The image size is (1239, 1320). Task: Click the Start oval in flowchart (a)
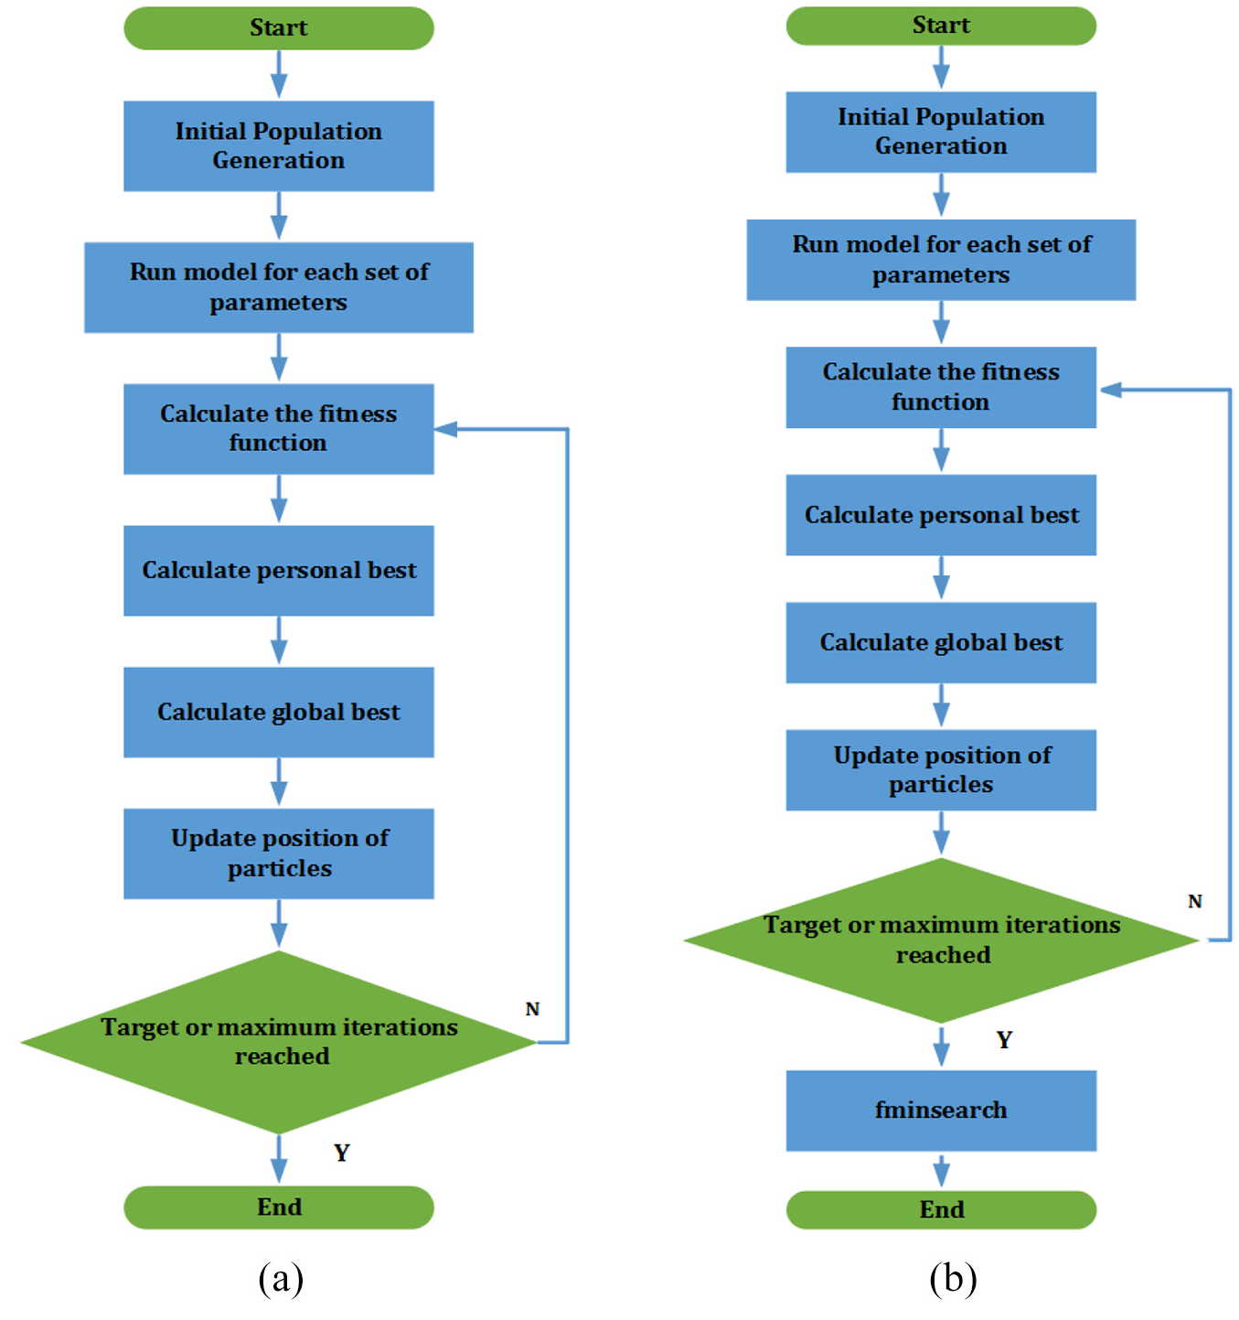pos(279,28)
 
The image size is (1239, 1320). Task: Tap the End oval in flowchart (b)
pos(941,1209)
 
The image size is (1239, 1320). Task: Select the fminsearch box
pos(941,1110)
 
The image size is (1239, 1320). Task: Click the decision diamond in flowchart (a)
pos(279,1042)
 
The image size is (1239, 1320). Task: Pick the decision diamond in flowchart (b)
pos(941,939)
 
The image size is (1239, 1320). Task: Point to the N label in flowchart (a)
pos(532,1008)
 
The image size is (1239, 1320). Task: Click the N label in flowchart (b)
pos(1194,901)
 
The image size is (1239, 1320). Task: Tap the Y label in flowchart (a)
pos(341,1152)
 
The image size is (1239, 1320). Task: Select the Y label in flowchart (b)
pos(1004,1039)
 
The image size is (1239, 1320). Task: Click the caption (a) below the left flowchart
pos(281,1277)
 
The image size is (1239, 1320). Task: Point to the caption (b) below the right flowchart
pos(953,1277)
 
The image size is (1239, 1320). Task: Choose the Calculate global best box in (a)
pos(279,712)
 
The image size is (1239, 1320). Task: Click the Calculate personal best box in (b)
pos(941,514)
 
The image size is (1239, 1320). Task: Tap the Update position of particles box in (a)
pos(279,853)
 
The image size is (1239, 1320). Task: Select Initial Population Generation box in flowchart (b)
pos(941,132)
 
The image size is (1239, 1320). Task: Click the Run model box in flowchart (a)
pos(279,287)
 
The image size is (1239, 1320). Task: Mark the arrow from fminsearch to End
pos(941,1171)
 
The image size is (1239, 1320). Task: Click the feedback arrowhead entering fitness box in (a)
pos(445,429)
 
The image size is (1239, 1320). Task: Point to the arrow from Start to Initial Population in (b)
pos(941,68)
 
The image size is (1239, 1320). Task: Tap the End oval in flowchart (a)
pos(279,1207)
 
